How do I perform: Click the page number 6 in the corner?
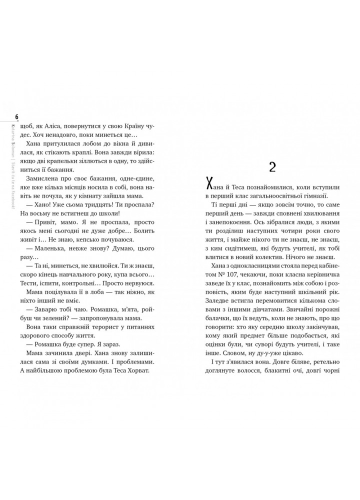pyautogui.click(x=17, y=117)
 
